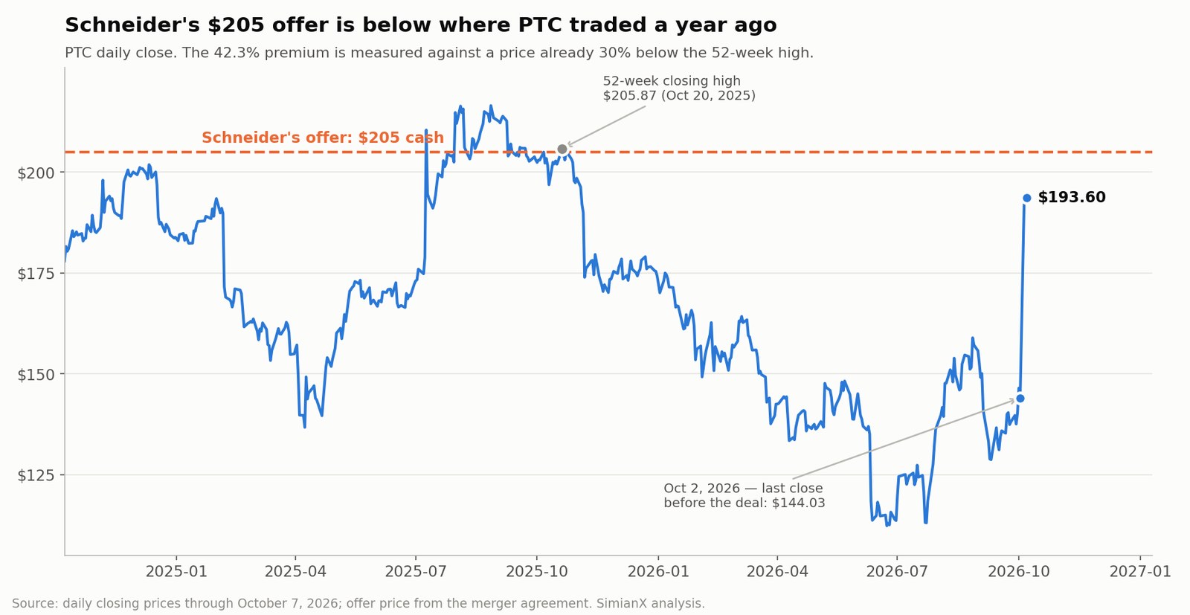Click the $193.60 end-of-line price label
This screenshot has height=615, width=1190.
tap(1072, 198)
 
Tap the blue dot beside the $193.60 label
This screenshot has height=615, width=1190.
tap(1027, 198)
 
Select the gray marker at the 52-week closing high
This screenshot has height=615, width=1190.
tap(562, 149)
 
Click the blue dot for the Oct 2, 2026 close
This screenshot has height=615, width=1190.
tap(1020, 399)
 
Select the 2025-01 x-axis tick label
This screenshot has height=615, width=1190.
tap(176, 571)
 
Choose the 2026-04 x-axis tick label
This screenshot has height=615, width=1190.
tap(777, 571)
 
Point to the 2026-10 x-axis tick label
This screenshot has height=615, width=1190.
tap(1019, 571)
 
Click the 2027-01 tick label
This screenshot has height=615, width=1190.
tap(1140, 571)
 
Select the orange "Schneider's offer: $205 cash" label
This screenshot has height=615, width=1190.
tap(323, 138)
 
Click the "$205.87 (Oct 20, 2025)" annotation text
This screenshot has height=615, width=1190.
tap(679, 96)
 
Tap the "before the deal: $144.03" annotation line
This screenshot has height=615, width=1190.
tap(744, 503)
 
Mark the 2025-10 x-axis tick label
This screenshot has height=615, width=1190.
tap(536, 571)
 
